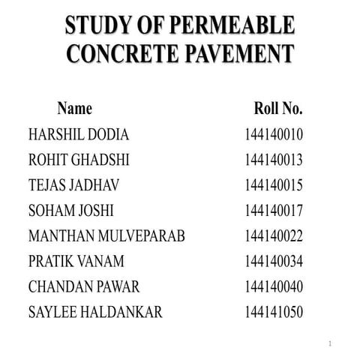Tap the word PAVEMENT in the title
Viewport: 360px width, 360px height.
point(238,54)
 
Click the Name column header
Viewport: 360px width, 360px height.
point(74,109)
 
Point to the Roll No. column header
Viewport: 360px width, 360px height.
point(278,109)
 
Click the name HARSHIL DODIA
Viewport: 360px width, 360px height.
point(79,135)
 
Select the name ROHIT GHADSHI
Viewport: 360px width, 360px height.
point(80,160)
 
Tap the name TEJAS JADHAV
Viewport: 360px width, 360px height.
point(74,185)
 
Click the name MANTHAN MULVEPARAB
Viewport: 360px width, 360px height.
point(106,236)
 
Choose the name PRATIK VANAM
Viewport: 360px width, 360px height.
point(76,262)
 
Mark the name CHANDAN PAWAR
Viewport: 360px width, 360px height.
point(84,287)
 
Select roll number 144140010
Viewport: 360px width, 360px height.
point(274,135)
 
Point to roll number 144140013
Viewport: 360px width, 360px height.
point(274,160)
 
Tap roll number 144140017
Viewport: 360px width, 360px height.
point(274,211)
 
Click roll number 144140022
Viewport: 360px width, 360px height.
point(274,236)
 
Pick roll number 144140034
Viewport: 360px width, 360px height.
point(274,262)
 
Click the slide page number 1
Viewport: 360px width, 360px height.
point(330,343)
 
